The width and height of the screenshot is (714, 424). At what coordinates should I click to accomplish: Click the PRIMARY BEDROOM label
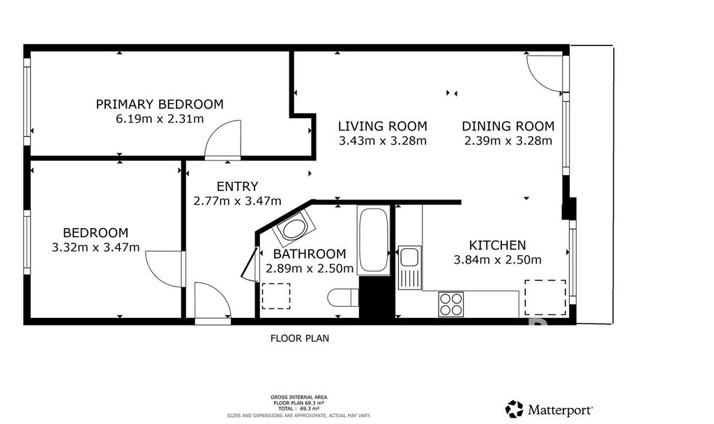point(160,105)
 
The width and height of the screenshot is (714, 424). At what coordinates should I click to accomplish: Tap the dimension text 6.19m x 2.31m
point(160,119)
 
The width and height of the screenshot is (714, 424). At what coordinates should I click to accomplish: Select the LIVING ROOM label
point(383,126)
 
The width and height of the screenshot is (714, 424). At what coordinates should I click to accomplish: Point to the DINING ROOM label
point(508,126)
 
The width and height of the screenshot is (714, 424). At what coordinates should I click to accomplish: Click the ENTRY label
point(237,186)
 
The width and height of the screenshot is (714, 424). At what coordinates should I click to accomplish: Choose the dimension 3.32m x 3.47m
point(96,248)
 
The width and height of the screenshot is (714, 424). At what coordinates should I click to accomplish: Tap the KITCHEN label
point(497,245)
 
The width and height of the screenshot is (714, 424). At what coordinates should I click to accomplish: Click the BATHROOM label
point(310,254)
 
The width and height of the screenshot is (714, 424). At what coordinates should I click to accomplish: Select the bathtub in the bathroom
point(374,240)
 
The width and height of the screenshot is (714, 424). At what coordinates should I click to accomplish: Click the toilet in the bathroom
point(343,298)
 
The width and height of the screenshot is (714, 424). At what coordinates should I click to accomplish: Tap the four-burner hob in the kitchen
point(451,304)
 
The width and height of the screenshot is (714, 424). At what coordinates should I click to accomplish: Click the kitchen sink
point(410,267)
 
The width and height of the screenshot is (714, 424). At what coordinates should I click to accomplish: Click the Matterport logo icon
point(515,409)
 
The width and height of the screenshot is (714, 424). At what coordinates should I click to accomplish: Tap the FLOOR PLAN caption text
point(300,338)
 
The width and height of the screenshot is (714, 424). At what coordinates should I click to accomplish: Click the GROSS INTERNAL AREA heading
point(298,397)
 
